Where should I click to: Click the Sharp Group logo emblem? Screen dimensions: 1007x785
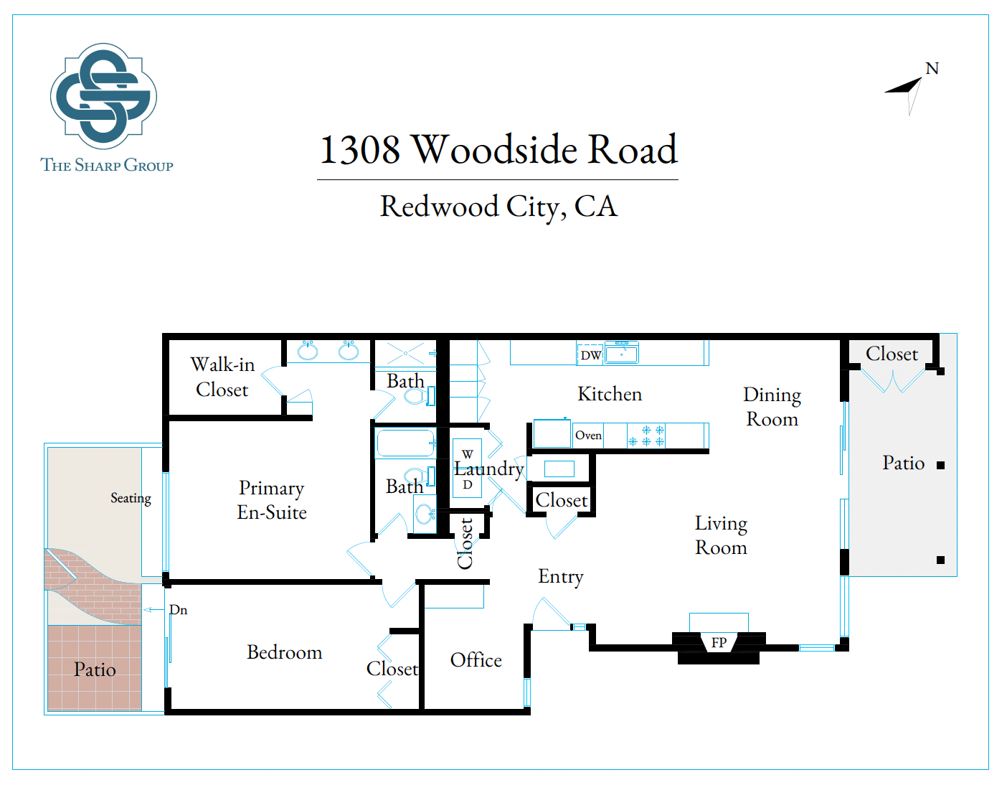[x=103, y=96]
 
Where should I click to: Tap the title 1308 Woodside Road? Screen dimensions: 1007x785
[x=498, y=149]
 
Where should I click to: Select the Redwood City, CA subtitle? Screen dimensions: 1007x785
[x=498, y=207]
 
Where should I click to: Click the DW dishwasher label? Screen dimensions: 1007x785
[x=591, y=355]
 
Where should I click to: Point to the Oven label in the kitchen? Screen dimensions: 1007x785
[x=589, y=436]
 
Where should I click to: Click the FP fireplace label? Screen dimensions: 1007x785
[x=719, y=643]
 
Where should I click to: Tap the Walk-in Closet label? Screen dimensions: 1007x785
[x=222, y=377]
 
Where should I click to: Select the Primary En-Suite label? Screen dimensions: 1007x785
[x=272, y=500]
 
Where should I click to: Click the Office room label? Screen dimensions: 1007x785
[x=476, y=660]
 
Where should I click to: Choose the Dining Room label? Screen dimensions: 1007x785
[x=772, y=407]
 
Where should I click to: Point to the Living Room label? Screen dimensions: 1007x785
[x=721, y=536]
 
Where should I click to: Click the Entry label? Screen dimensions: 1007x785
[x=561, y=578]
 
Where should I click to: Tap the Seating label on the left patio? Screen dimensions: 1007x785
[x=131, y=499]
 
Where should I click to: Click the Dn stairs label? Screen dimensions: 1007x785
[x=179, y=610]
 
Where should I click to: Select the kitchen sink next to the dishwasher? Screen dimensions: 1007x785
[x=622, y=353]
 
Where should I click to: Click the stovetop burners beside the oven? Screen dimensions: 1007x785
[x=646, y=436]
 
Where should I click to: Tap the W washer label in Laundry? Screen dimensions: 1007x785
[x=468, y=454]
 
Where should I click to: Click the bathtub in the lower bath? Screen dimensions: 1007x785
[x=405, y=443]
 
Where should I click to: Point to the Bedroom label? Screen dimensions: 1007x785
[x=285, y=652]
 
